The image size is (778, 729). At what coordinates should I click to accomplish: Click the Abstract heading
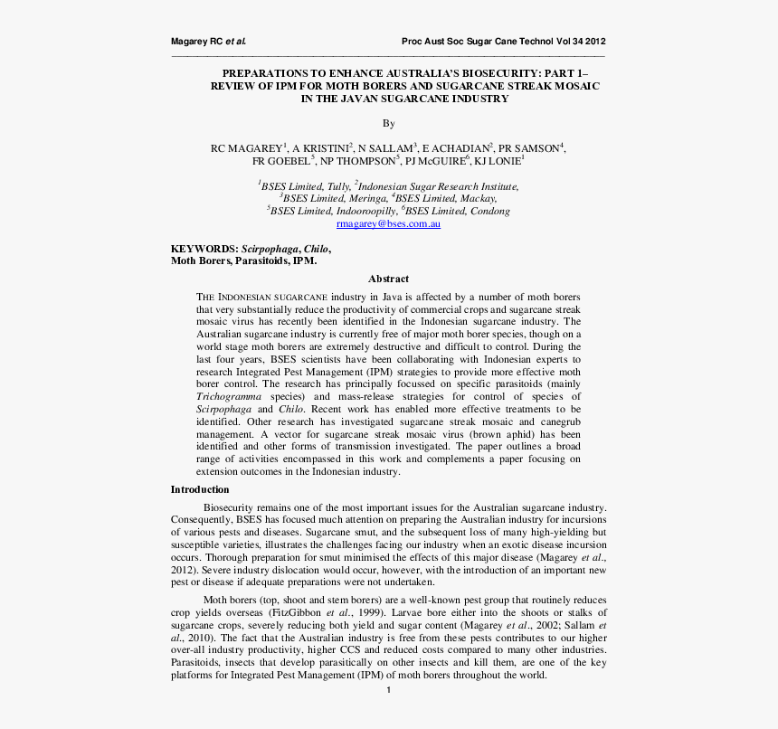click(388, 279)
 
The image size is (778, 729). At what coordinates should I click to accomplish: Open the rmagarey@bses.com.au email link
click(388, 223)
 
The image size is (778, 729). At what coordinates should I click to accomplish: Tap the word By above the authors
click(388, 123)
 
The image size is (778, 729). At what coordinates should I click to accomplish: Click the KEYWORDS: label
click(204, 248)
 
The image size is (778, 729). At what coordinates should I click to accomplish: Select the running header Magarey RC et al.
click(208, 42)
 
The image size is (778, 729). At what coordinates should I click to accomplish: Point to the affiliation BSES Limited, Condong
click(459, 211)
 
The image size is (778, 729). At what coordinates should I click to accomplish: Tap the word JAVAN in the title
click(356, 99)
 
